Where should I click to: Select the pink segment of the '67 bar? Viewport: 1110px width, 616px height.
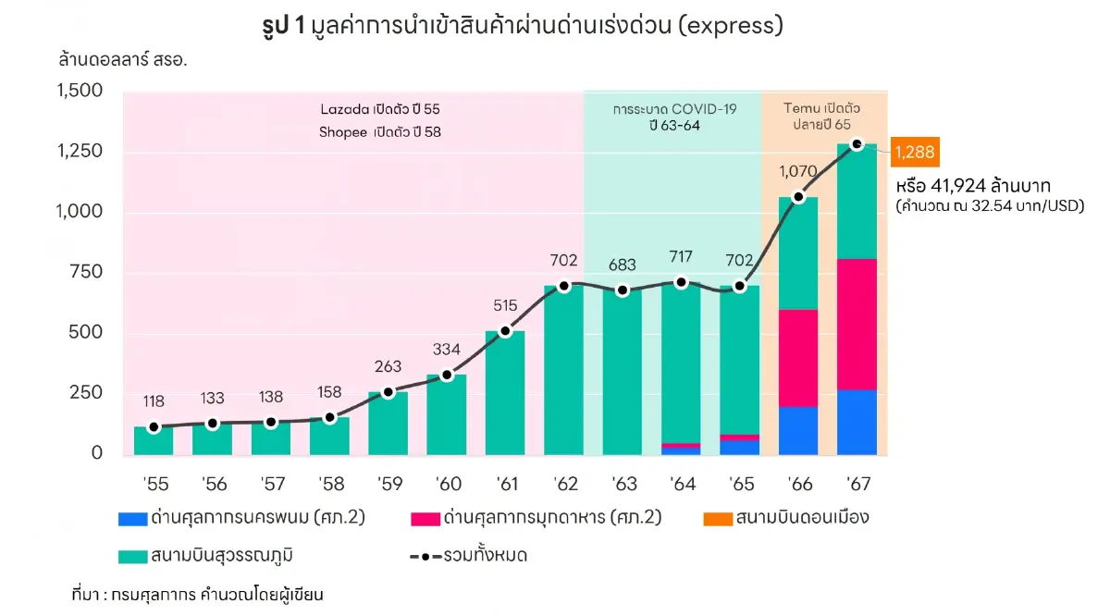tap(857, 324)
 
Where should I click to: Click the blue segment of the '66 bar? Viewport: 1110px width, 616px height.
tap(798, 430)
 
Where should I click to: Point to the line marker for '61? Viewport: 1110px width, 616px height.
tap(505, 331)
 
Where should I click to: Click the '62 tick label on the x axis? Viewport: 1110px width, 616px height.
tap(564, 484)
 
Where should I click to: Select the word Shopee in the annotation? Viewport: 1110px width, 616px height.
tap(342, 131)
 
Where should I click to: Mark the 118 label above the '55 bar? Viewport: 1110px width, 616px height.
tap(154, 401)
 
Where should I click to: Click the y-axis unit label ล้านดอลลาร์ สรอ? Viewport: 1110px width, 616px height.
tap(129, 59)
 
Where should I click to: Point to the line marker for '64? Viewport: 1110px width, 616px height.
tap(681, 282)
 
